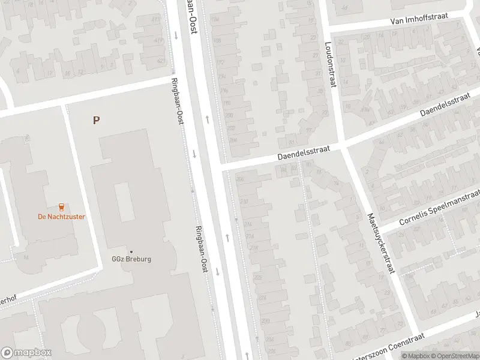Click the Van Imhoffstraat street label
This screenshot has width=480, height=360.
[418, 20]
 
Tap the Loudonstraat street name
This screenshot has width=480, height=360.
[328, 65]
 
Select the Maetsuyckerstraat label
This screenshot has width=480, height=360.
[380, 242]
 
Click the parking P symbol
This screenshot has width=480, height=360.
[96, 120]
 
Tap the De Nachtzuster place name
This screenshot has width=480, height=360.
[61, 217]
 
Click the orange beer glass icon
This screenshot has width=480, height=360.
[61, 206]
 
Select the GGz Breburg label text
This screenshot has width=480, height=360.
[131, 259]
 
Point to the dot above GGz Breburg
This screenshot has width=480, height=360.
[131, 251]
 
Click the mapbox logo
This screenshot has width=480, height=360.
[26, 353]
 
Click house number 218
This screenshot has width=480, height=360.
[254, 247]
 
